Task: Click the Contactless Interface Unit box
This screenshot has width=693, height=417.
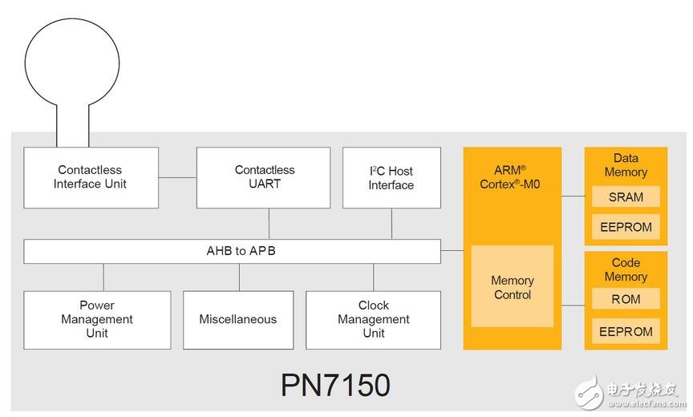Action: (x=90, y=177)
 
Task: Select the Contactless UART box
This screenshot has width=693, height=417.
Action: (x=265, y=177)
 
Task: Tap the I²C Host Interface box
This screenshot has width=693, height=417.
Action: (x=391, y=177)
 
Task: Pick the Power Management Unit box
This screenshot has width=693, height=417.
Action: (x=97, y=319)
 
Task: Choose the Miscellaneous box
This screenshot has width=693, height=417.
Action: (x=238, y=319)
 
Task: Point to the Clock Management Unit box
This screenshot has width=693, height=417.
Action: (x=373, y=319)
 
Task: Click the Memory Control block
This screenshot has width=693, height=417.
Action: (x=513, y=287)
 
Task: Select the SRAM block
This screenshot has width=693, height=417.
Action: (x=626, y=197)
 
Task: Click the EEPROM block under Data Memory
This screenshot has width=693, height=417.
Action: (x=626, y=227)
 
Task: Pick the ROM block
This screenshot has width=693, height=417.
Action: (x=626, y=299)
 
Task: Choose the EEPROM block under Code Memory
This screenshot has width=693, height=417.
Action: (x=626, y=331)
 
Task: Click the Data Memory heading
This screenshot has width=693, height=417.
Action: (x=626, y=165)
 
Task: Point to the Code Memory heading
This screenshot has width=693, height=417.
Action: (x=626, y=269)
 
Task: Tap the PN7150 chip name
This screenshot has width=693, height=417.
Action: (x=335, y=385)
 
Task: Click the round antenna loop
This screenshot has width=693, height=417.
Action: (x=71, y=65)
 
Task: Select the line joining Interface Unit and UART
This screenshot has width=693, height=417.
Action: (x=177, y=177)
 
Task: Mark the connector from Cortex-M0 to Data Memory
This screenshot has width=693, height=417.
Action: (x=573, y=195)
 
